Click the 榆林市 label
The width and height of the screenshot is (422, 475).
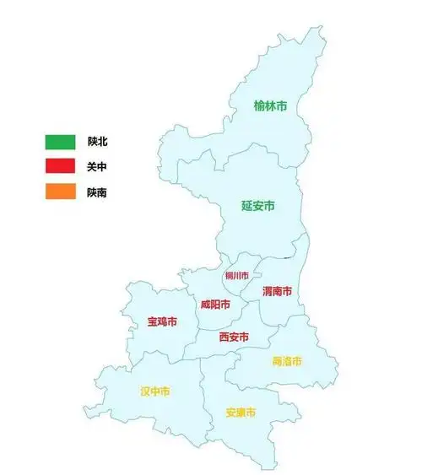click(270, 106)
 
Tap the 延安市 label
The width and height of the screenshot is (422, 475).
click(258, 205)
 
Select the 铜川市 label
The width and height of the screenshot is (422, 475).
click(236, 276)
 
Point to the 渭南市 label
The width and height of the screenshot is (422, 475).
click(277, 292)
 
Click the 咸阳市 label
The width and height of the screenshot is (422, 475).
click(215, 305)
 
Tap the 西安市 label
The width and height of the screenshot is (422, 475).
click(234, 337)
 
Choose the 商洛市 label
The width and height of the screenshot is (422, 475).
click(287, 361)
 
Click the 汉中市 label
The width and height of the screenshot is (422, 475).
click(154, 391)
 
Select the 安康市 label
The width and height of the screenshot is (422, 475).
click(241, 413)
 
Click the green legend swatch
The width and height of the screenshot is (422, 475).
click(61, 141)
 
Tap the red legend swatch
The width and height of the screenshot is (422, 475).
click(61, 167)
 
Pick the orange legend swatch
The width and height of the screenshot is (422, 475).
click(61, 192)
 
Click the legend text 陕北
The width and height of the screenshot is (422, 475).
click(97, 141)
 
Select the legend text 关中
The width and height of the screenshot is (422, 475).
click(97, 167)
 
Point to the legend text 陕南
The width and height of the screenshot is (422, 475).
click(97, 192)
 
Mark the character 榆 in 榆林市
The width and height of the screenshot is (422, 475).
click(259, 106)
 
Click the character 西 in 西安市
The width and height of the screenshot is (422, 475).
click(224, 337)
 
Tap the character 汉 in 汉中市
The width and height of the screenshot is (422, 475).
click(144, 391)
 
